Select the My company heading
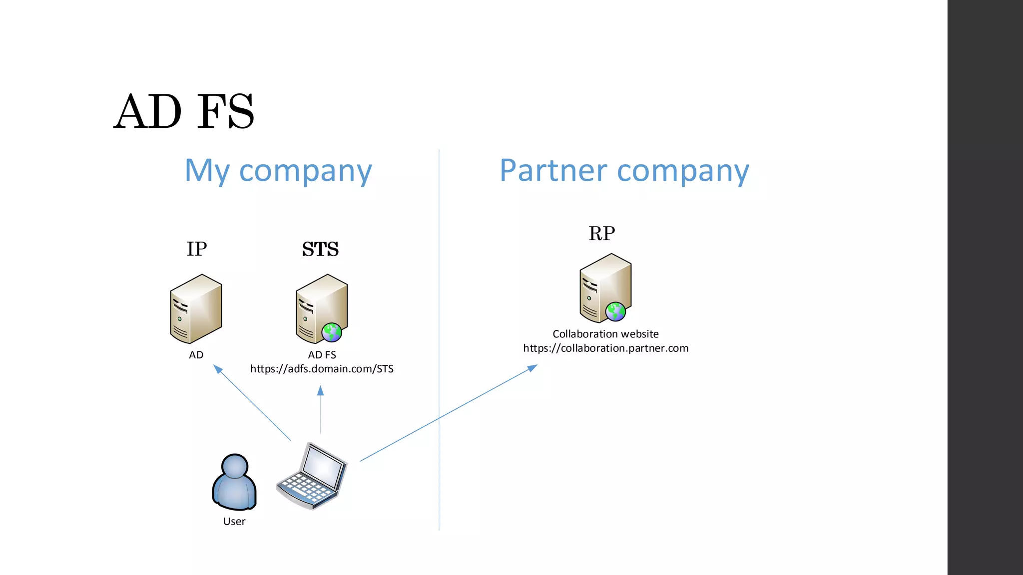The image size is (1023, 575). coord(278,171)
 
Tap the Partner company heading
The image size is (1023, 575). coord(624,171)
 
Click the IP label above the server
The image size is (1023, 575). coord(197,249)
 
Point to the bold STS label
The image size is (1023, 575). coord(320,249)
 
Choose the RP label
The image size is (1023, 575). coord(601,233)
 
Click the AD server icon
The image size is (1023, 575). coord(196,308)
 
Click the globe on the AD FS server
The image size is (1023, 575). coord(332,332)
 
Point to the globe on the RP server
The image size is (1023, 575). coord(615,311)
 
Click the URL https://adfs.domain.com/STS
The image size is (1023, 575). coord(322,369)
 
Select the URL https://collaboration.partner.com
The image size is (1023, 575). coord(605,348)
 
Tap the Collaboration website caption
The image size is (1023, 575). coord(605,334)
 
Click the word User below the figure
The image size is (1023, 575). coord(234,522)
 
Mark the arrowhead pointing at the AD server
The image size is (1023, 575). coord(217,369)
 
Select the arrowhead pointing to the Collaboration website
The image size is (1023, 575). coord(532,368)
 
